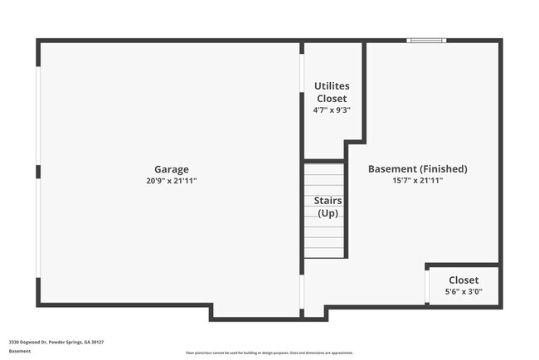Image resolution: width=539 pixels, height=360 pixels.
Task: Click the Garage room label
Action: (x=171, y=169)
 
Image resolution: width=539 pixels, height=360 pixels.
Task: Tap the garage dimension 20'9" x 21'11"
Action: (x=171, y=180)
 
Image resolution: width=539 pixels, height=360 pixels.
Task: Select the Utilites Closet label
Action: (x=331, y=92)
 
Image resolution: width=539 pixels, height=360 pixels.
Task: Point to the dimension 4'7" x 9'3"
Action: (x=331, y=110)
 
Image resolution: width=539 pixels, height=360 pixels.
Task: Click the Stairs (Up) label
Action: (x=328, y=207)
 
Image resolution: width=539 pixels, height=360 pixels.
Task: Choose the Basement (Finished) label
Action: (x=418, y=169)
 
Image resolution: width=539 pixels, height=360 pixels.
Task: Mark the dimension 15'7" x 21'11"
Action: (x=418, y=180)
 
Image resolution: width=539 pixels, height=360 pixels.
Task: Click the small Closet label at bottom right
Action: (x=464, y=280)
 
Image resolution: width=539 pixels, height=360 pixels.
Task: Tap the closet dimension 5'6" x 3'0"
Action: (x=464, y=292)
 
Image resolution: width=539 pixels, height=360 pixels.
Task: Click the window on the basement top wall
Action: (x=426, y=40)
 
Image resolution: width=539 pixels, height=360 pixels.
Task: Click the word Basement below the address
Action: (x=20, y=352)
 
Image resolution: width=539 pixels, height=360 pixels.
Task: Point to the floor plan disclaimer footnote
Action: (x=269, y=353)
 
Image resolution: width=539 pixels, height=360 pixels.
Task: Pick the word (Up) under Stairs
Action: (x=328, y=213)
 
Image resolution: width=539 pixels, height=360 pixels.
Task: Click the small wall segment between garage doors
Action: (x=38, y=172)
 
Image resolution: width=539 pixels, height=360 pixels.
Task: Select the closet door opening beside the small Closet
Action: (x=426, y=286)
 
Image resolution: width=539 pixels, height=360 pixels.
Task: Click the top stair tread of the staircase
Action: (x=324, y=169)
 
